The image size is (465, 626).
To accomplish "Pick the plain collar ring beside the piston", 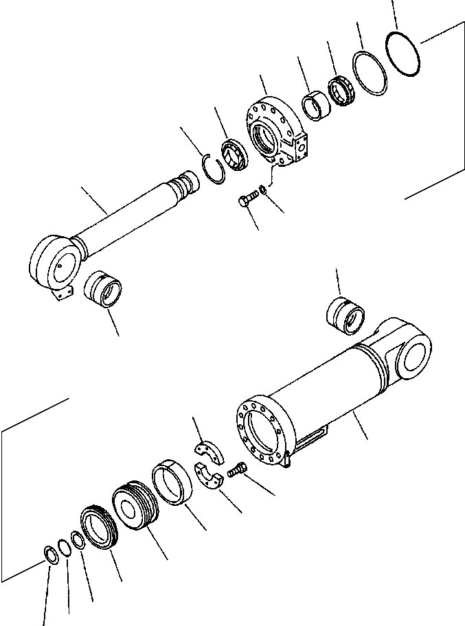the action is tap(174, 484).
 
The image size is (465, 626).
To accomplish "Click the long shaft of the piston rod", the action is tap(131, 213).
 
